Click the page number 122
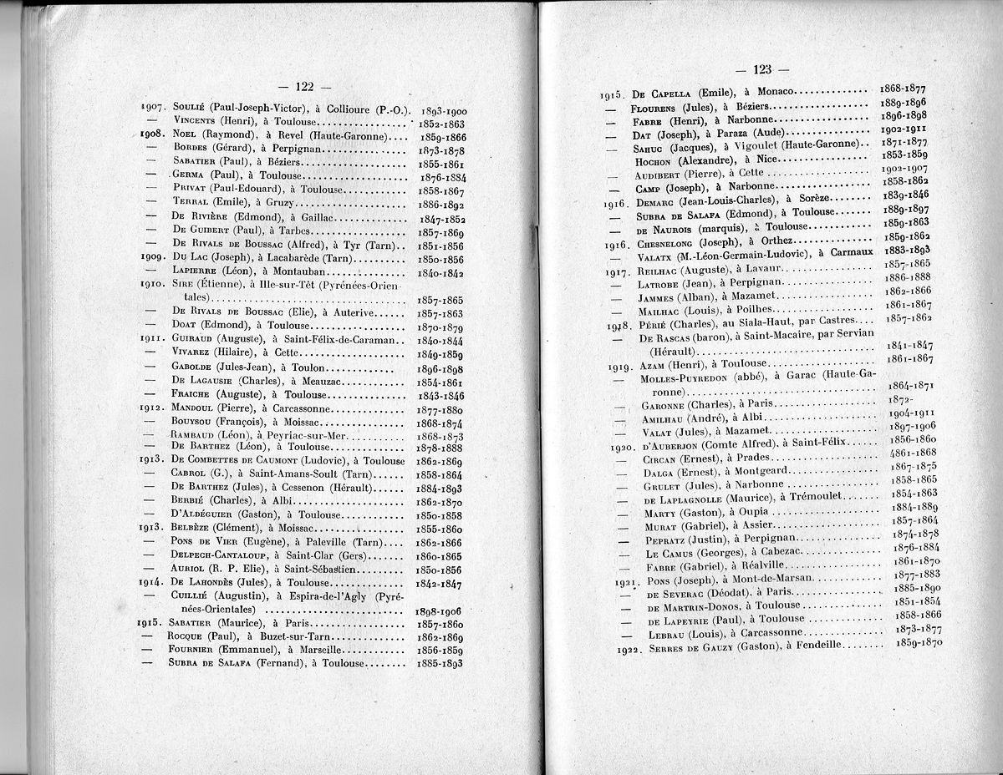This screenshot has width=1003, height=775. pyautogui.click(x=304, y=86)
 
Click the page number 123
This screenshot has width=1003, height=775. pyautogui.click(x=761, y=69)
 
